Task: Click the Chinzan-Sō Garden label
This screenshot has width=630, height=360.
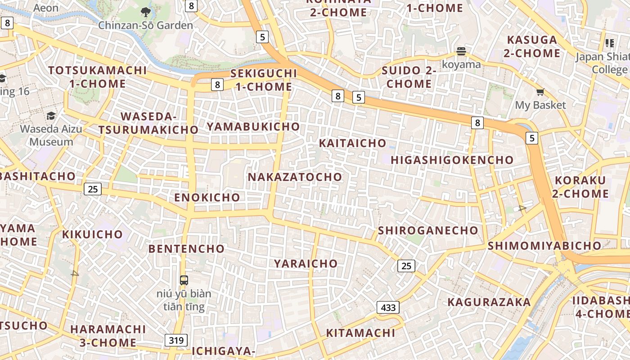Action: click(x=145, y=25)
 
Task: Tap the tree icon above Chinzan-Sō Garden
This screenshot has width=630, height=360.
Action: click(x=145, y=12)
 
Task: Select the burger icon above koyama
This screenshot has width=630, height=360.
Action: click(x=461, y=51)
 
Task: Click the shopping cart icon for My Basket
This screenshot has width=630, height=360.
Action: click(x=540, y=92)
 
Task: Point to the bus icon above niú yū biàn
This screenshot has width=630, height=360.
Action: click(x=184, y=280)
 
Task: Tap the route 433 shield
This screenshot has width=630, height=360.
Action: click(x=388, y=308)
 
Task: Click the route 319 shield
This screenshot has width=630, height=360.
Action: click(x=176, y=340)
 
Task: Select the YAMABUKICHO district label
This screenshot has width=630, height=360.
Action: click(x=253, y=126)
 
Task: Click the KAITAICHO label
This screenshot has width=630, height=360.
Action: click(x=352, y=143)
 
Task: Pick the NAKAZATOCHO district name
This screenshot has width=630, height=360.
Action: click(x=295, y=177)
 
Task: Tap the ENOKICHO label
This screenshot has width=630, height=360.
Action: click(x=207, y=197)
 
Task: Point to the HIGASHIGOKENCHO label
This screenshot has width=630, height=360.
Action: click(x=452, y=160)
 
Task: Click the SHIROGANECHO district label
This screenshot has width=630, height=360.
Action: click(x=428, y=230)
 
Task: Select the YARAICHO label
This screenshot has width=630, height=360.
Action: click(x=306, y=263)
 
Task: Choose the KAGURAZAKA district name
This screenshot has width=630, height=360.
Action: click(x=489, y=302)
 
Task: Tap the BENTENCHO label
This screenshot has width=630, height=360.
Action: click(x=186, y=248)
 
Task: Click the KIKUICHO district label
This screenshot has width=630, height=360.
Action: click(x=92, y=234)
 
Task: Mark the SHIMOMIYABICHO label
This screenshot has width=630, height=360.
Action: click(x=544, y=246)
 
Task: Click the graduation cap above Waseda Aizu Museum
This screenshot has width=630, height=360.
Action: click(x=51, y=116)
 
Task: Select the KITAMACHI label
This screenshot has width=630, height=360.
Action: click(x=360, y=333)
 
